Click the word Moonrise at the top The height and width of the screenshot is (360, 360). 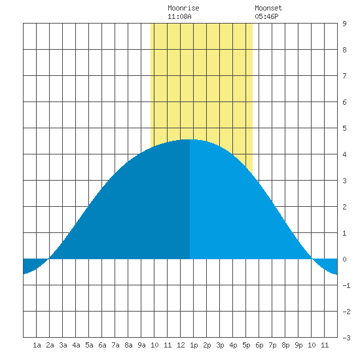pyautogui.click(x=183, y=8)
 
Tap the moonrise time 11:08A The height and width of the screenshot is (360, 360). pyautogui.click(x=179, y=16)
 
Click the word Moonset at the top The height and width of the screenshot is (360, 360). pyautogui.click(x=268, y=8)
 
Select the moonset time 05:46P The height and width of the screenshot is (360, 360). pyautogui.click(x=266, y=16)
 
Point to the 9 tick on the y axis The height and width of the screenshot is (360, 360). pyautogui.click(x=344, y=24)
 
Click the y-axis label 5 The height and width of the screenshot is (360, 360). pyautogui.click(x=344, y=128)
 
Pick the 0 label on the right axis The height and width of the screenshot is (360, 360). pyautogui.click(x=344, y=259)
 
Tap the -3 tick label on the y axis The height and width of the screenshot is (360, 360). pyautogui.click(x=346, y=338)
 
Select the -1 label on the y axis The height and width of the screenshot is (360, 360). pyautogui.click(x=346, y=285)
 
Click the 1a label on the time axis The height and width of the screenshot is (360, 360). pyautogui.click(x=37, y=345)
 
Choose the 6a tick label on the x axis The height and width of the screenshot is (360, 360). pyautogui.click(x=102, y=345)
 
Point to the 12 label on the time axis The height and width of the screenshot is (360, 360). pyautogui.click(x=181, y=345)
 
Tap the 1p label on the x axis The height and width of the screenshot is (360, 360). pyautogui.click(x=194, y=345)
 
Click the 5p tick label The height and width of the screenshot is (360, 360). pyautogui.click(x=246, y=345)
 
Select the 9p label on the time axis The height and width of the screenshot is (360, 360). pyautogui.click(x=298, y=345)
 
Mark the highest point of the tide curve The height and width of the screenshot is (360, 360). pyautogui.click(x=190, y=139)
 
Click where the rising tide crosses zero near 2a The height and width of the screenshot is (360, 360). pyautogui.click(x=49, y=259)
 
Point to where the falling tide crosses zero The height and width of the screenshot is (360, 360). pyautogui.click(x=312, y=259)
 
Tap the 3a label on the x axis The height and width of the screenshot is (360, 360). pyautogui.click(x=63, y=345)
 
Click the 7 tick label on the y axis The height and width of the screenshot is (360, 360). pyautogui.click(x=344, y=76)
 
